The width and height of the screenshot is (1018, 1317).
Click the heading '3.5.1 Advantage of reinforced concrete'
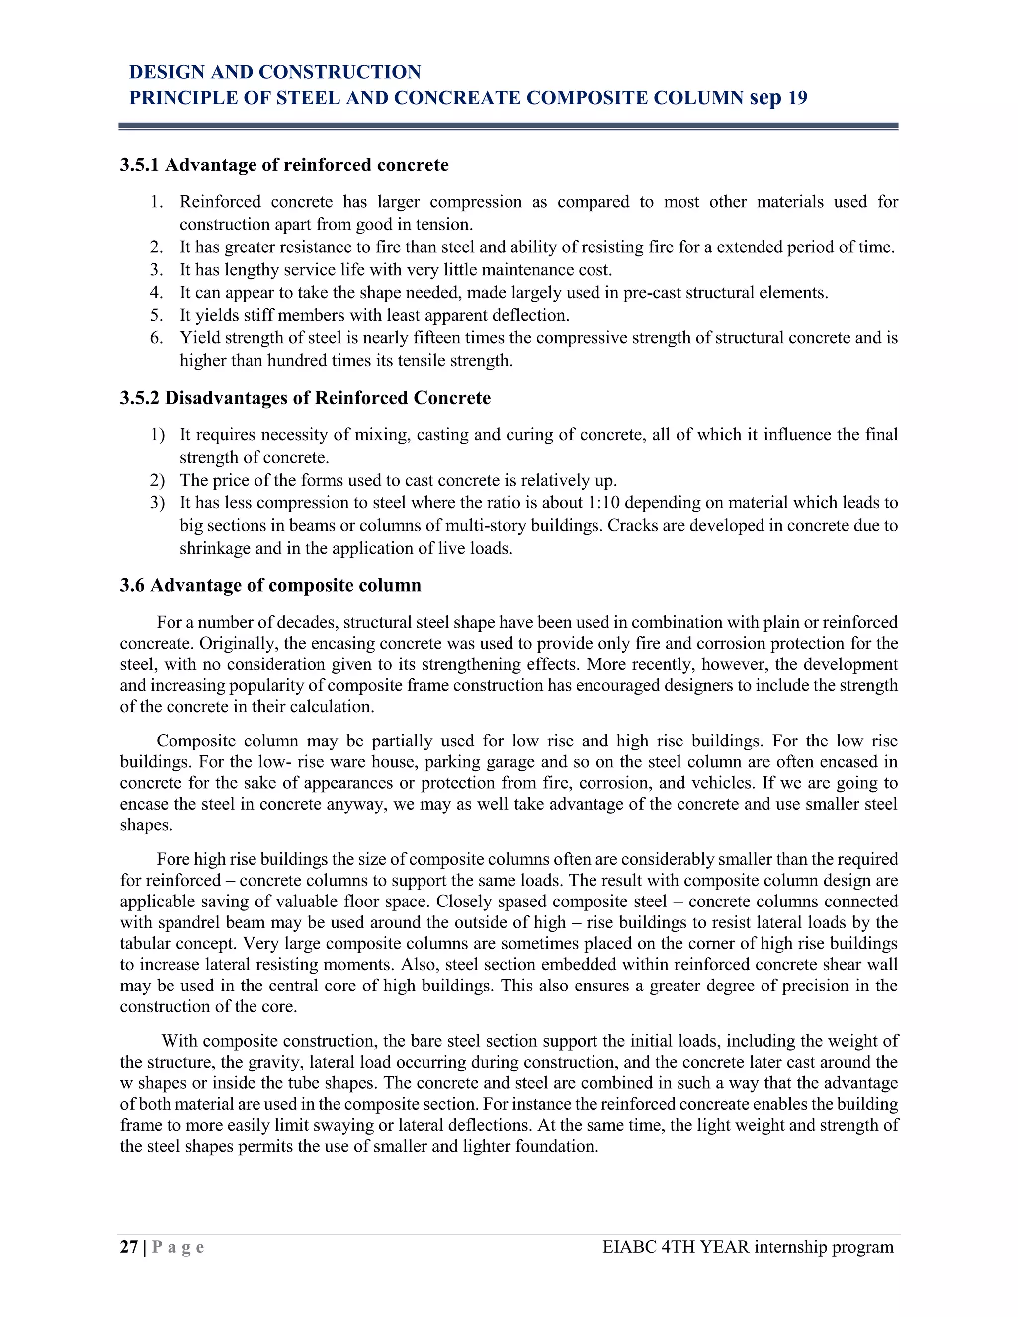[284, 165]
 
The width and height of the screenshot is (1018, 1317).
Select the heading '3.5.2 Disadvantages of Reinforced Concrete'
[305, 398]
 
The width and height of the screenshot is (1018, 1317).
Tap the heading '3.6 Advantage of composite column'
[270, 585]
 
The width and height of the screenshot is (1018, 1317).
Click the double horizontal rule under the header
[509, 127]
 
